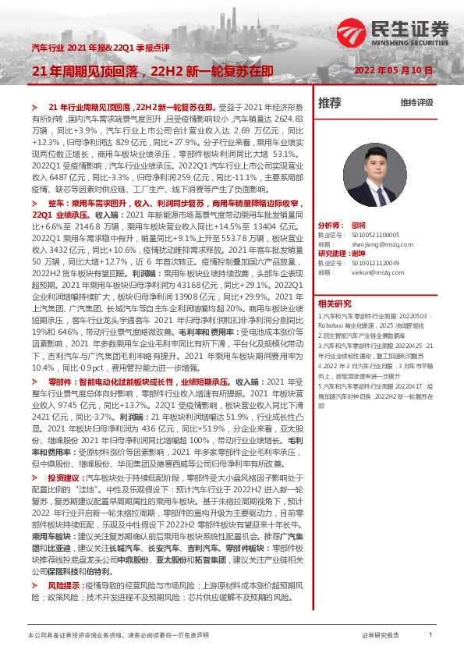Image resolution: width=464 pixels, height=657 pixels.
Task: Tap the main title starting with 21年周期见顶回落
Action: (152, 71)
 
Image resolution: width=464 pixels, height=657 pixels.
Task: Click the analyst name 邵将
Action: (358, 224)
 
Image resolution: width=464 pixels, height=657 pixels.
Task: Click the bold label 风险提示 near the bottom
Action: (63, 584)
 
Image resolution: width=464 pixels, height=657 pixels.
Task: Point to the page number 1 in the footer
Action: (430, 636)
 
